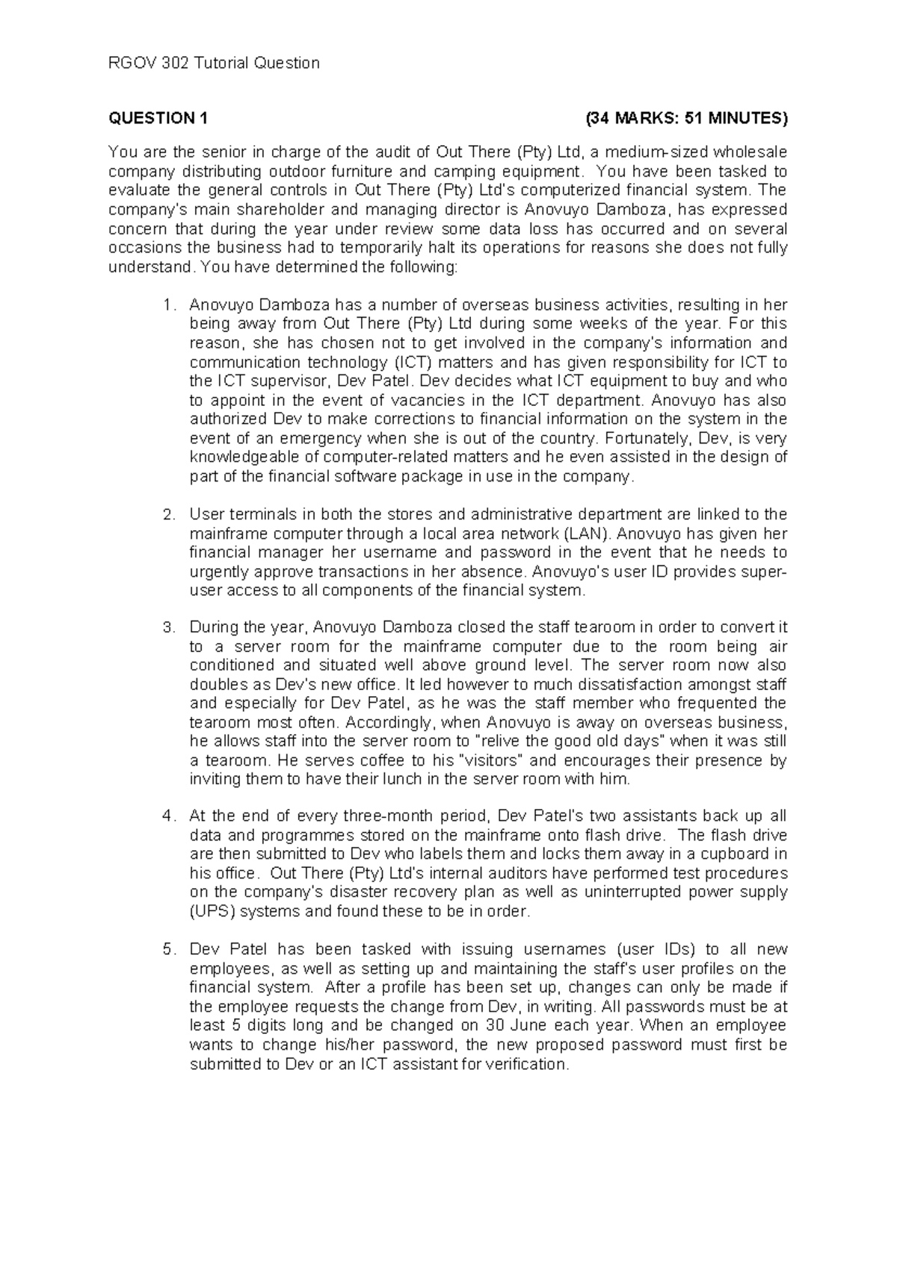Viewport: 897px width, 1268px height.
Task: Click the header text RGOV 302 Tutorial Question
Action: coord(215,63)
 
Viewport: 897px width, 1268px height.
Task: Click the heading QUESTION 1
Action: coord(159,118)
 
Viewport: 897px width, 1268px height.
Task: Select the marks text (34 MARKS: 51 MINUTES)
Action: coord(686,118)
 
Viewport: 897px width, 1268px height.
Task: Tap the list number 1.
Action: coord(169,305)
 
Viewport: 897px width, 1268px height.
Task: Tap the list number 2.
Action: coord(169,514)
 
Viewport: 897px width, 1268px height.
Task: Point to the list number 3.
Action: coord(169,627)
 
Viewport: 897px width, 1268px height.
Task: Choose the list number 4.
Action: coord(169,816)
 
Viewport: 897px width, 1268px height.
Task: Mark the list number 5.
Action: coord(169,950)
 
